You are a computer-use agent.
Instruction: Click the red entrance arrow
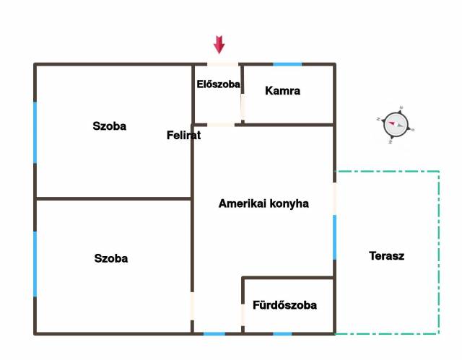219,45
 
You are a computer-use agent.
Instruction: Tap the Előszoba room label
218,84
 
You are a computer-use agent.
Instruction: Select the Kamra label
282,91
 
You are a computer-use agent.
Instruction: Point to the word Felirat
183,136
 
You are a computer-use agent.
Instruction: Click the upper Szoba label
109,126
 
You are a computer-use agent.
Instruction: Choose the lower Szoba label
110,259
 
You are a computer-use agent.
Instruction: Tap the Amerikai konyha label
263,203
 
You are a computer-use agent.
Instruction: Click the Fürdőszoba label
284,305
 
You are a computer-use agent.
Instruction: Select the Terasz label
386,256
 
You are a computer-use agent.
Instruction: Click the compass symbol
396,125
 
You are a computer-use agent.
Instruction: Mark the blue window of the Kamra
287,64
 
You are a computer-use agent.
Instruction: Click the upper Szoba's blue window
35,132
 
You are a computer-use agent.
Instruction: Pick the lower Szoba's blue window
35,264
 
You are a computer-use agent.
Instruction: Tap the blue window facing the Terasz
335,237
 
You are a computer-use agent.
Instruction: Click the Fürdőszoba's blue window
282,334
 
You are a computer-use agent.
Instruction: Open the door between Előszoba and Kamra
243,107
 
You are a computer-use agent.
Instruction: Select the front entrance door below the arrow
222,64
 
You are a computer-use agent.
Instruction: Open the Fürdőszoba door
243,315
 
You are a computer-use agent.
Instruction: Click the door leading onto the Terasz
335,198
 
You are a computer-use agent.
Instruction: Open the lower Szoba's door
193,306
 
